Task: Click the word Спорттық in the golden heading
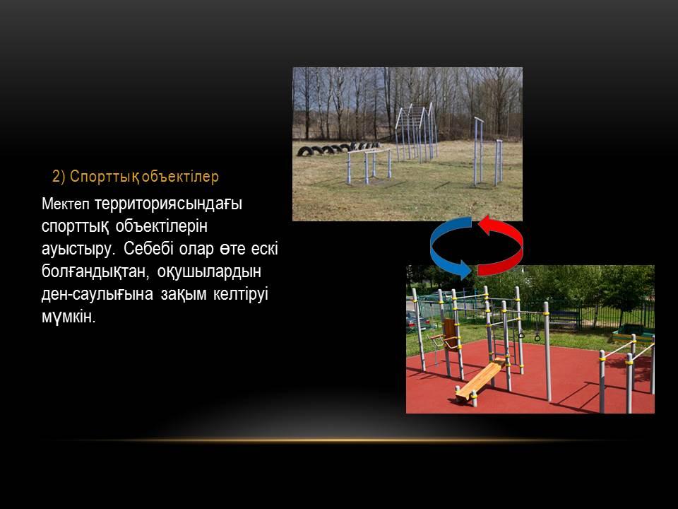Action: tap(105, 177)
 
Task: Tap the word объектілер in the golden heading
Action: tap(180, 177)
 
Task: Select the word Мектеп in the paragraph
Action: tap(66, 204)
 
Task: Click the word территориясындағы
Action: tap(168, 204)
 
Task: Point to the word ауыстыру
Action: tap(78, 250)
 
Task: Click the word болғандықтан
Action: tap(96, 271)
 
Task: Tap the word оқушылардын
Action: tap(209, 271)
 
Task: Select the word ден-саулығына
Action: tap(97, 294)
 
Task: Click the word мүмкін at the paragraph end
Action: tap(69, 317)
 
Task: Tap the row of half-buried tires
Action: tap(338, 149)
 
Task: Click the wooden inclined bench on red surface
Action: tap(481, 380)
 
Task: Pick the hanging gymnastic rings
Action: tap(530, 335)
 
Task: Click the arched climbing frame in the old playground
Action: tap(416, 131)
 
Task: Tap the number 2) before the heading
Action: tap(59, 177)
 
